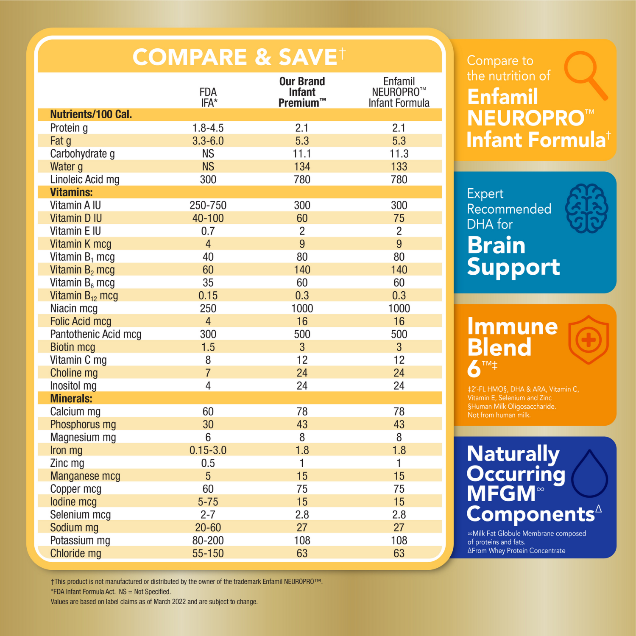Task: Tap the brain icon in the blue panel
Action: pyautogui.click(x=587, y=208)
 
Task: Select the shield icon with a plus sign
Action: pyautogui.click(x=588, y=340)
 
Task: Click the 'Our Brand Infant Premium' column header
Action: pyautogui.click(x=302, y=92)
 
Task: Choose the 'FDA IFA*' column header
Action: pyautogui.click(x=208, y=97)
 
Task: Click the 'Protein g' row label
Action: pyautogui.click(x=69, y=128)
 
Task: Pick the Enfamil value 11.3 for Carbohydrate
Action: pyautogui.click(x=399, y=153)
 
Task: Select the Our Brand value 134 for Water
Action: pyautogui.click(x=302, y=167)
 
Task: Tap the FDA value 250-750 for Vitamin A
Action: pyautogui.click(x=208, y=205)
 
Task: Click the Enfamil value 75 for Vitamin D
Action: pyautogui.click(x=399, y=218)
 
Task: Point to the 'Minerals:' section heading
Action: pyautogui.click(x=71, y=399)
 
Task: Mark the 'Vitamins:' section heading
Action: pyautogui.click(x=71, y=192)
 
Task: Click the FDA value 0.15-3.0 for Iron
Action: pyautogui.click(x=208, y=450)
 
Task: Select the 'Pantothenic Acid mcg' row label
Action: pyautogui.click(x=95, y=334)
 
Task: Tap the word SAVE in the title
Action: pyautogui.click(x=307, y=57)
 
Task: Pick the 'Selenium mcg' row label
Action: pyautogui.click(x=80, y=514)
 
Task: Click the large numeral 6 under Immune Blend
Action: pyautogui.click(x=474, y=368)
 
